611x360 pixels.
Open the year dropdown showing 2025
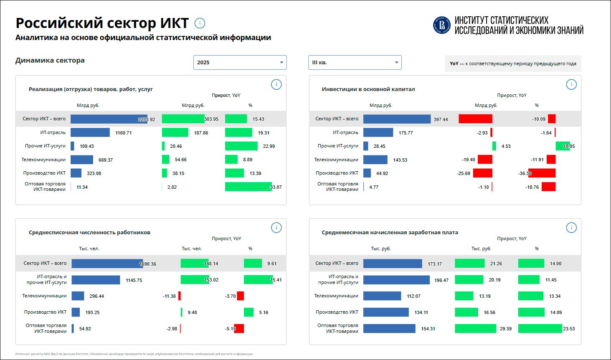coord(240,63)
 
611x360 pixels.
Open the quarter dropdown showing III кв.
coord(355,63)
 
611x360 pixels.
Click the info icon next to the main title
coord(200,23)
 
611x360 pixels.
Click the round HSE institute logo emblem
coord(442,25)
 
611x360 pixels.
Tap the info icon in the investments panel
coord(571,84)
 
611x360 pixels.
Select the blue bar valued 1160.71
coord(90,133)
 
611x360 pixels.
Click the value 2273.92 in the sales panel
coord(147,119)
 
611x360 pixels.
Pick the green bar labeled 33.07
coord(248,187)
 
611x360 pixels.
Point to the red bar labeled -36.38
coord(542,173)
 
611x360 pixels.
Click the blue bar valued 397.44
coord(397,119)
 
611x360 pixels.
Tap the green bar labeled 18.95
coord(563,146)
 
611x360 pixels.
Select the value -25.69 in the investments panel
coord(464,173)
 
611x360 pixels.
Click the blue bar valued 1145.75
coord(96,280)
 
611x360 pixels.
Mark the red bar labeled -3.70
coord(240,296)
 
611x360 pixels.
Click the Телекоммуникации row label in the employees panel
coord(44,296)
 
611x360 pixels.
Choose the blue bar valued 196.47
coord(396,280)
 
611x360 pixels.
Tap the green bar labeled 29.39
coord(475,329)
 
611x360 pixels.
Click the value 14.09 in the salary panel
coord(556,312)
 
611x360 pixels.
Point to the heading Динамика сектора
coord(50,60)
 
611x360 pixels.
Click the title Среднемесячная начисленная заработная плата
coord(390,233)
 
